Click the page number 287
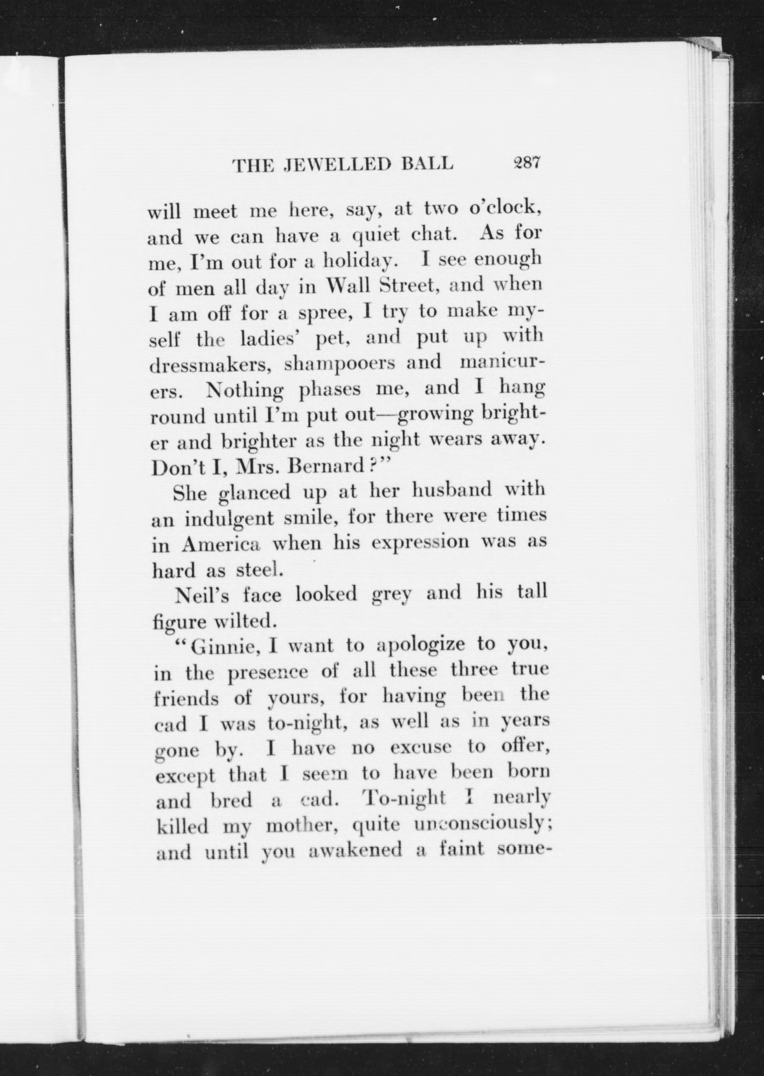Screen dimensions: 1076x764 527,163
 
